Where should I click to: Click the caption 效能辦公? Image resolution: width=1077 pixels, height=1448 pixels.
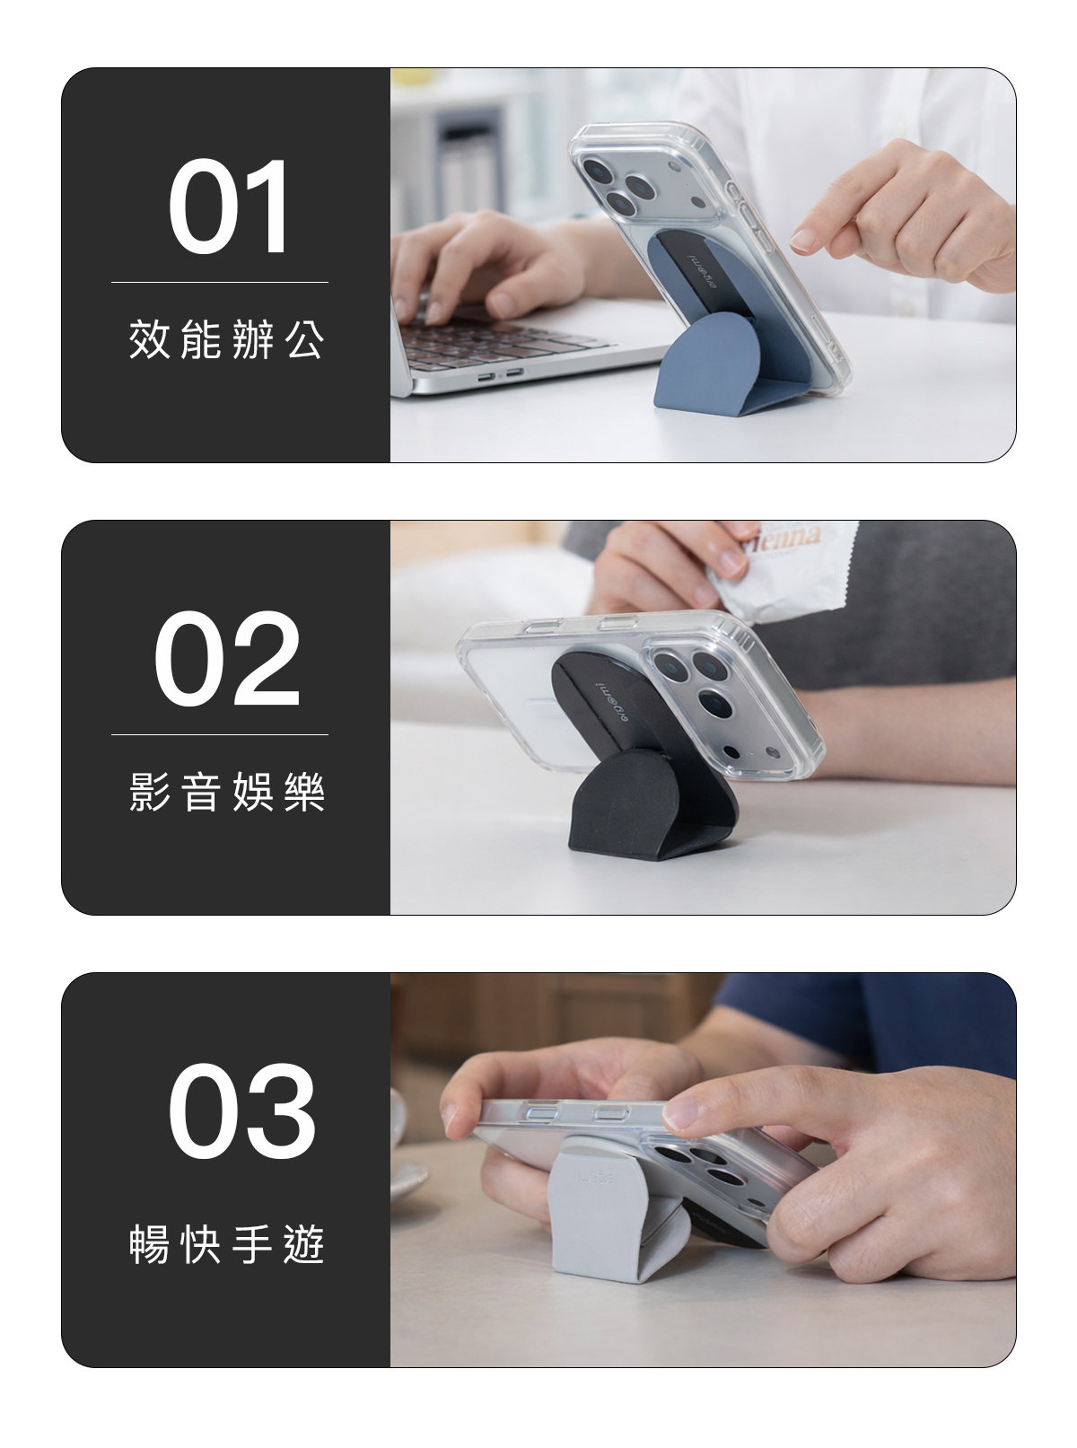coord(226,339)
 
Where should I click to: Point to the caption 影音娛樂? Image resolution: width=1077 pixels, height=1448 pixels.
coord(226,792)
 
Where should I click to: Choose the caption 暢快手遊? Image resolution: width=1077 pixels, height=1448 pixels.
coord(226,1244)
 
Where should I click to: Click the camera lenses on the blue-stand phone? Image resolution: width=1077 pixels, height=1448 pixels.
coord(619,184)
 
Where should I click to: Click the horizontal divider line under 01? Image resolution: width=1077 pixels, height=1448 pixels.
coord(220,283)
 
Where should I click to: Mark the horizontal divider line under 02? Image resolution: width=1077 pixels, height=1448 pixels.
coord(220,734)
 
